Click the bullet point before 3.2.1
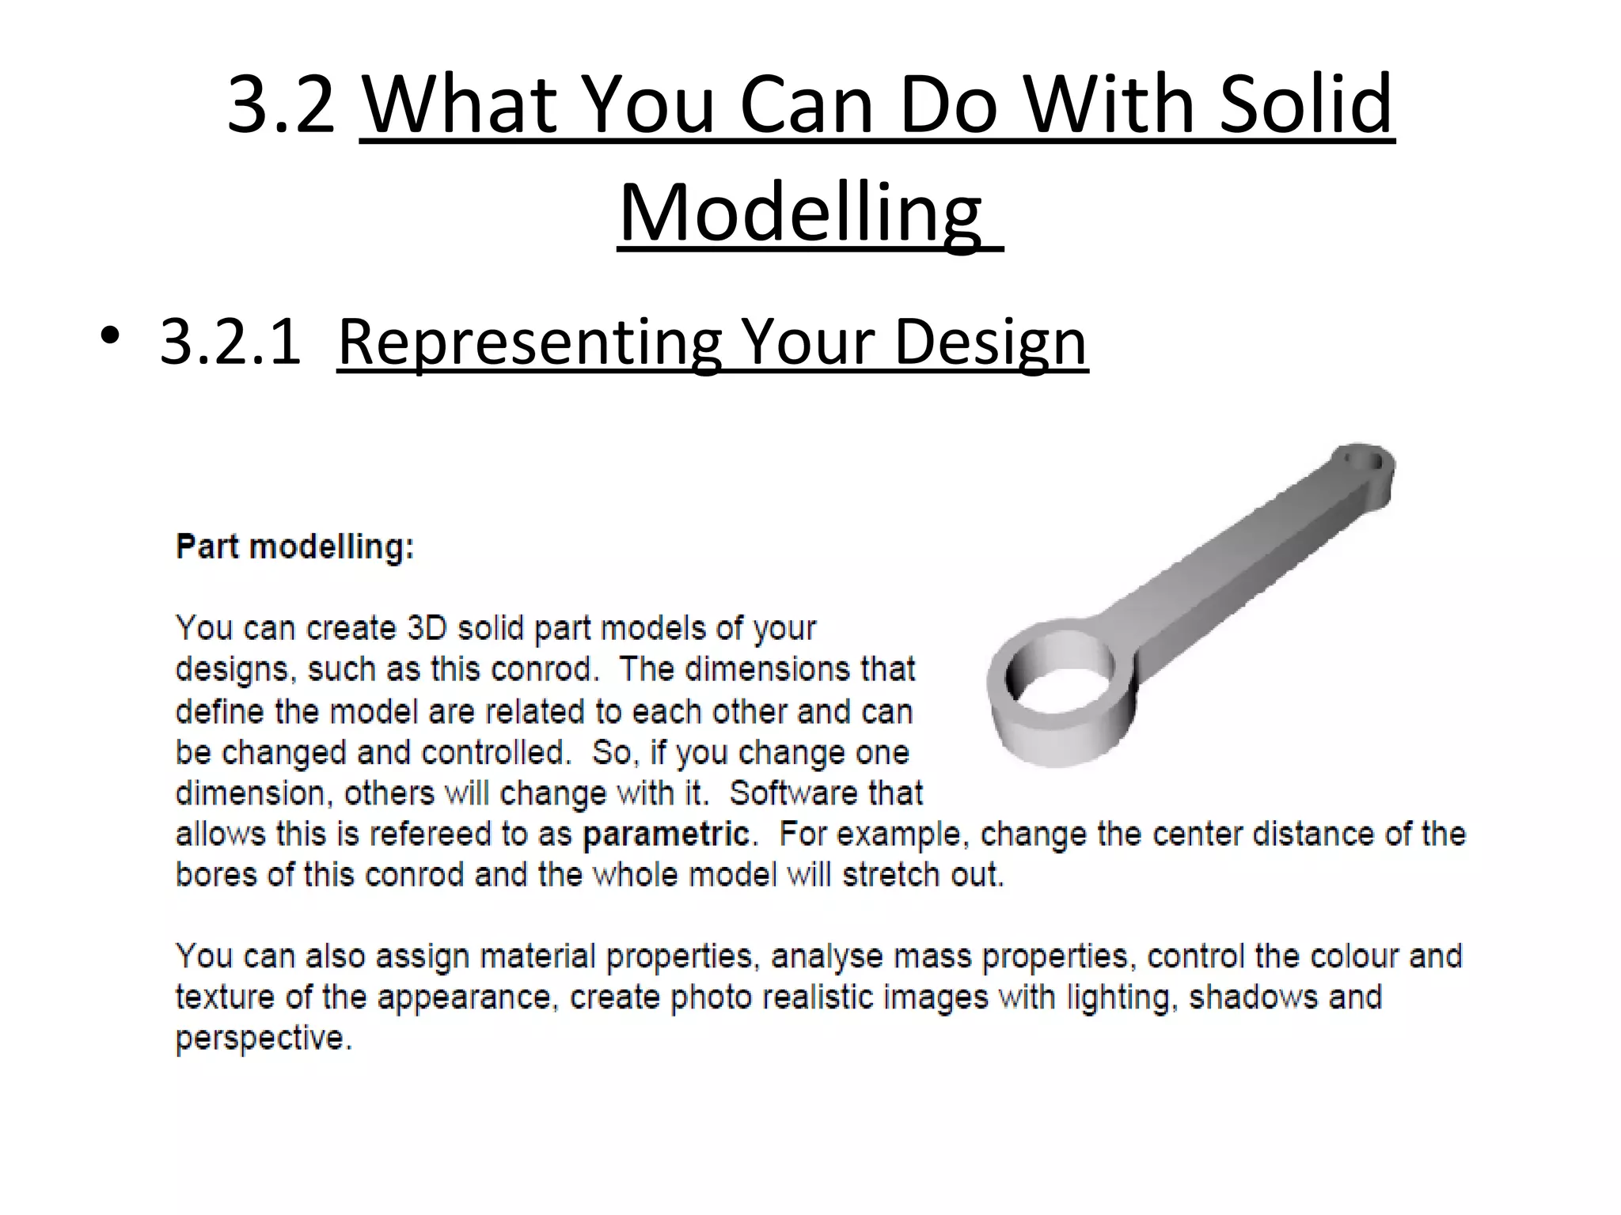[110, 337]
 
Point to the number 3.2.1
[230, 342]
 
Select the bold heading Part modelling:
[294, 547]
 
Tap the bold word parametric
[666, 834]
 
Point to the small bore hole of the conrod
[1366, 461]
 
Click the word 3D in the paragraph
[427, 628]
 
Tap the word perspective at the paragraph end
[263, 1038]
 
